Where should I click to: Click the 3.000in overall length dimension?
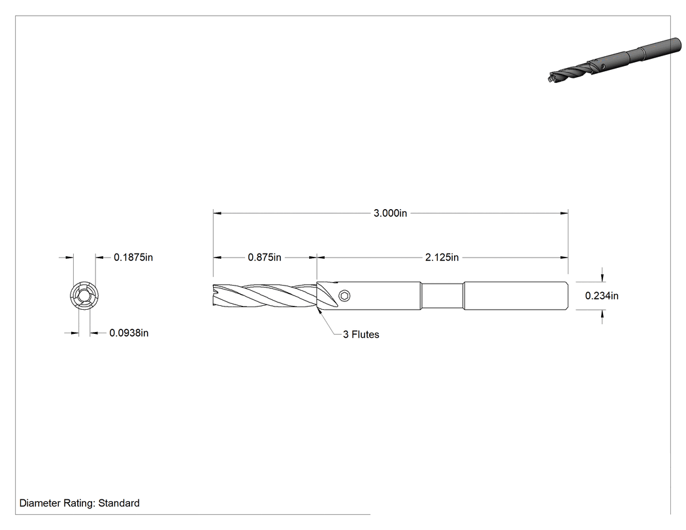pos(390,213)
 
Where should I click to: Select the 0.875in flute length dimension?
pos(264,257)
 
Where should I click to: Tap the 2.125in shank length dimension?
pos(442,257)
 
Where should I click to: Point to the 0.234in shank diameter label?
pos(602,296)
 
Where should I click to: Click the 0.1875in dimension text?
pos(133,257)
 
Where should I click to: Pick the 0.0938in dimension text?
pos(129,333)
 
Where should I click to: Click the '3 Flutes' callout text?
pos(361,335)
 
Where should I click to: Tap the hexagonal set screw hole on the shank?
pos(345,296)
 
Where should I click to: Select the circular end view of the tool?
pos(84,295)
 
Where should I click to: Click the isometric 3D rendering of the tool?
pos(614,60)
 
